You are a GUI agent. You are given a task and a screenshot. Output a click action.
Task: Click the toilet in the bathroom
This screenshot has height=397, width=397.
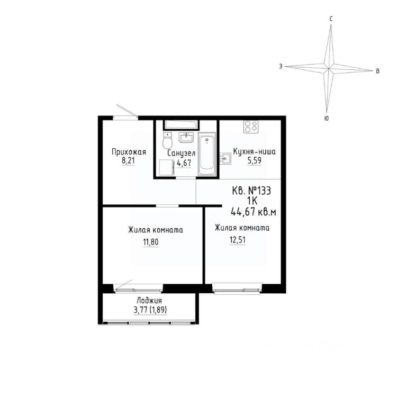pos(167,140)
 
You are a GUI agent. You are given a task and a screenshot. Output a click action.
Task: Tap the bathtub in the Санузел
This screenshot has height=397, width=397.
pos(207,154)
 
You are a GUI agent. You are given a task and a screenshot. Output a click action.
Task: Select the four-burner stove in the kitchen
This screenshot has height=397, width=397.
pos(251,127)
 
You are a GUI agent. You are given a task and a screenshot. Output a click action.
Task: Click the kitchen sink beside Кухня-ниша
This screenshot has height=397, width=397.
pos(225,159)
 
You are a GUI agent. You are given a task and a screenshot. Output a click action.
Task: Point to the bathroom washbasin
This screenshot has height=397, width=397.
pos(186,138)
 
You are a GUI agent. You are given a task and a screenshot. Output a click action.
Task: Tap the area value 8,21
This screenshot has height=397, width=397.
pos(128,161)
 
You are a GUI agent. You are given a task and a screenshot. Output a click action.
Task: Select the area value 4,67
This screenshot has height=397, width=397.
pos(184,164)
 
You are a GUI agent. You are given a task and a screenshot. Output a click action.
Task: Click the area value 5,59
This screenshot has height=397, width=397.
pos(254,160)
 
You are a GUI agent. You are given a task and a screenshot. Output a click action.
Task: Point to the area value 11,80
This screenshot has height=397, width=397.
pos(151,242)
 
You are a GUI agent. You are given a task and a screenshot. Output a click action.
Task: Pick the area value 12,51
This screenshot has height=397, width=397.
pos(238,239)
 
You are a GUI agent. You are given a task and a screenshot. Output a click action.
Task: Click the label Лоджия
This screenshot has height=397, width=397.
pos(149,301)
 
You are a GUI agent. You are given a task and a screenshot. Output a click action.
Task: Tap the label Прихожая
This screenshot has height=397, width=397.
pos(129,152)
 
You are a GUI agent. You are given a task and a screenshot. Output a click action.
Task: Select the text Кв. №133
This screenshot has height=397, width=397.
pos(251,191)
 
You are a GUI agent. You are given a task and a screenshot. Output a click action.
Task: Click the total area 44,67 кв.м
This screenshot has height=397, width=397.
pos(254,212)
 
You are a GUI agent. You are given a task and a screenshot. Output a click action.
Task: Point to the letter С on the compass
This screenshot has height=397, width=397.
pos(331,19)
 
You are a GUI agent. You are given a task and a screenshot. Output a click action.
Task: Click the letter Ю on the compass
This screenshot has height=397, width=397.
pos(327,118)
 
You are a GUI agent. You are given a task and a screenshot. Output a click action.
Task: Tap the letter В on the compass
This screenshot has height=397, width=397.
pos(377,71)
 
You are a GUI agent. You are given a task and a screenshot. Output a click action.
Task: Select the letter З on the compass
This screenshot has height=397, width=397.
pos(281,66)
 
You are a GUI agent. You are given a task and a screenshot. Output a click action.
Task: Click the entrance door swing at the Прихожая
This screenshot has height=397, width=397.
pos(127,111)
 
